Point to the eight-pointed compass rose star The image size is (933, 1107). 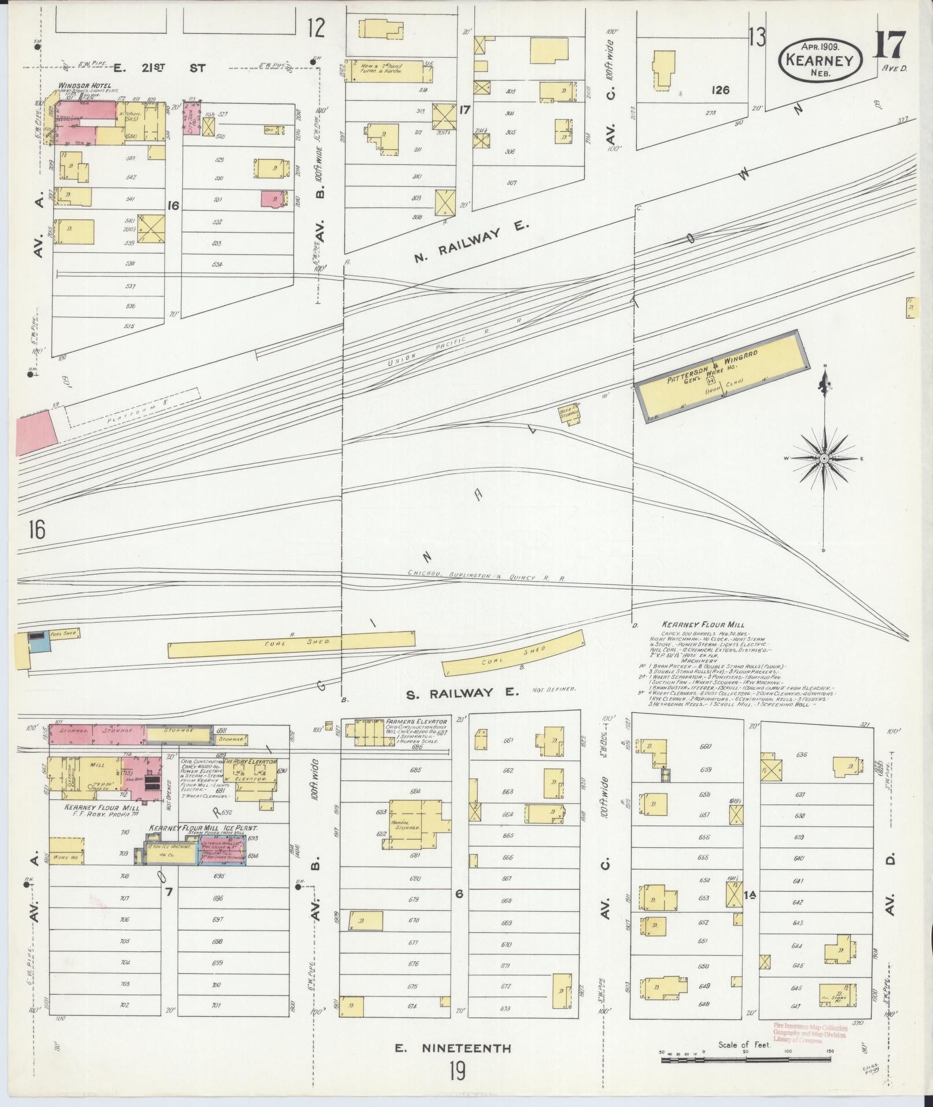coord(824,458)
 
